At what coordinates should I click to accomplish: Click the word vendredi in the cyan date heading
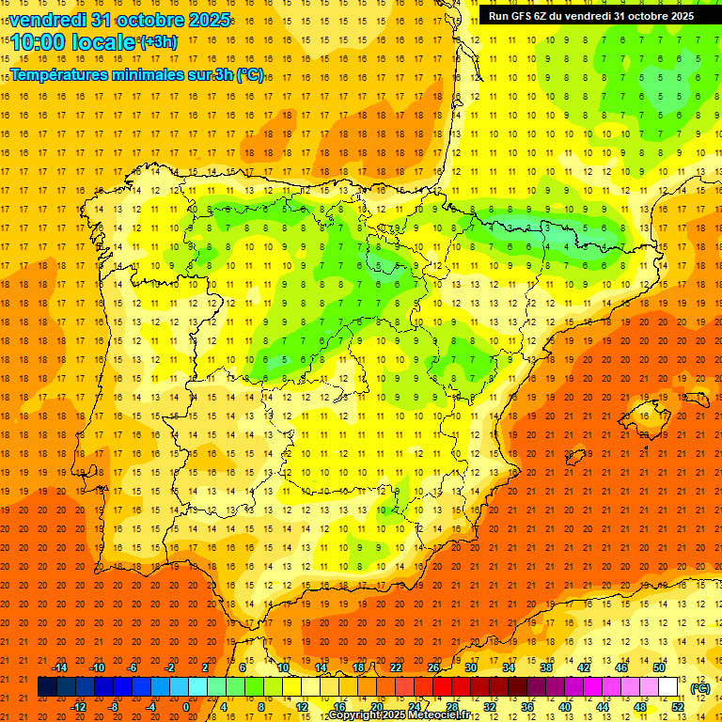point(47,20)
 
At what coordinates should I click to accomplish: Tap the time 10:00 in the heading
point(38,42)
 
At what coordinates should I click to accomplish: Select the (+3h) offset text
point(157,42)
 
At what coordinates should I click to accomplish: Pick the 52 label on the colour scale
point(677,707)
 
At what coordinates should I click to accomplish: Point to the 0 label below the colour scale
point(186,707)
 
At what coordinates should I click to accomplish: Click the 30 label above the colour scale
point(471,667)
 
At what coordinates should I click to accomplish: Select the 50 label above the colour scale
point(658,667)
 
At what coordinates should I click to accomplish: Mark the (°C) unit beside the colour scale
point(699,688)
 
